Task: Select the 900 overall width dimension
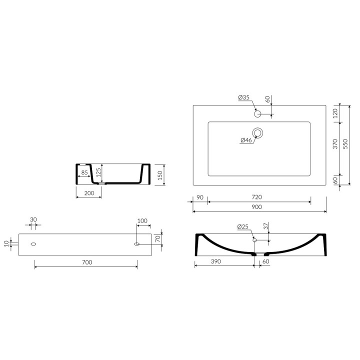tap(256, 207)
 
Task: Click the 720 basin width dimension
tap(256, 197)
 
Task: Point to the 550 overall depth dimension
tap(345, 144)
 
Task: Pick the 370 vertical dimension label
tap(335, 144)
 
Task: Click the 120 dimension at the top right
tap(335, 113)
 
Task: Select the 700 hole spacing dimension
tap(87, 262)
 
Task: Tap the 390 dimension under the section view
tap(216, 261)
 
